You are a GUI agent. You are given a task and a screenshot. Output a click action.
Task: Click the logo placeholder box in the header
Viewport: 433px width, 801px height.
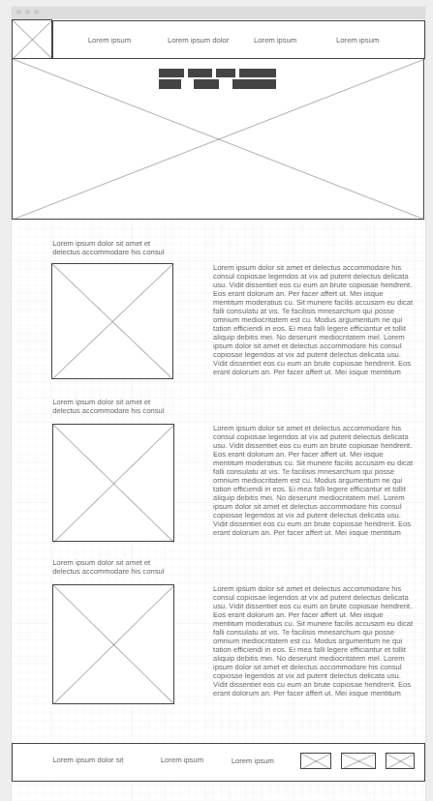pyautogui.click(x=32, y=40)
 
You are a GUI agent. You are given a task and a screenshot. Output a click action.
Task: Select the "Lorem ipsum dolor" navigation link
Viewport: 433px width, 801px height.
pyautogui.click(x=198, y=41)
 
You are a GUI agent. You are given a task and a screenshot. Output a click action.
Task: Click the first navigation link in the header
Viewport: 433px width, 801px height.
pyautogui.click(x=109, y=41)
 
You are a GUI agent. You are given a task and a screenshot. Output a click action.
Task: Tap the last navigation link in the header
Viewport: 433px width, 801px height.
pyautogui.click(x=357, y=41)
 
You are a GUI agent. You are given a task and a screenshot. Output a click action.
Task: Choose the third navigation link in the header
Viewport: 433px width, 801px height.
pyautogui.click(x=275, y=41)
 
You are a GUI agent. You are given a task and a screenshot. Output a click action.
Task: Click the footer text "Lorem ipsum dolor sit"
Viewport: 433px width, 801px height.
pyautogui.click(x=88, y=760)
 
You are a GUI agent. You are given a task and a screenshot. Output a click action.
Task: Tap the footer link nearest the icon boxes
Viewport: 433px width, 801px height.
pyautogui.click(x=252, y=761)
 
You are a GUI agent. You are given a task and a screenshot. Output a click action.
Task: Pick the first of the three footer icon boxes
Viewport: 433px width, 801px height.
pyautogui.click(x=316, y=761)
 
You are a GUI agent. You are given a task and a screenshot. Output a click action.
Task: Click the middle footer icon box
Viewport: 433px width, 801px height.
pyautogui.click(x=358, y=761)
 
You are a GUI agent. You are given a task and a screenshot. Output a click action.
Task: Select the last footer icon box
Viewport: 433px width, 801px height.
pyautogui.click(x=400, y=761)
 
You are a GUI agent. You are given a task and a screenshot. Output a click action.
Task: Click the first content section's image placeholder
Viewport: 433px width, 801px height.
pyautogui.click(x=112, y=321)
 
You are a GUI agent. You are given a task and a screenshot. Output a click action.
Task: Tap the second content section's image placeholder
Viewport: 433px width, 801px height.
pyautogui.click(x=113, y=483)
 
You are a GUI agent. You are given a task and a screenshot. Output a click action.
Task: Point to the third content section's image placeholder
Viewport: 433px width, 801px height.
pyautogui.click(x=113, y=644)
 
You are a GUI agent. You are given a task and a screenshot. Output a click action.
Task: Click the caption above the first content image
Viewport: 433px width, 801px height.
pyautogui.click(x=108, y=248)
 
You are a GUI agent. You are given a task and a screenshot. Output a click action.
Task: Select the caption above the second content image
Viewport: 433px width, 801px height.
pyautogui.click(x=108, y=406)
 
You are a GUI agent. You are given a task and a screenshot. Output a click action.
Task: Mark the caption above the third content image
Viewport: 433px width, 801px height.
pyautogui.click(x=108, y=567)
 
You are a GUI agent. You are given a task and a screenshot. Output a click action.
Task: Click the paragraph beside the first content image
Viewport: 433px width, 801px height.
pyautogui.click(x=312, y=320)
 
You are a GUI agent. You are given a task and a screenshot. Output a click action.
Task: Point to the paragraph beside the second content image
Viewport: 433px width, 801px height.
pyautogui.click(x=312, y=481)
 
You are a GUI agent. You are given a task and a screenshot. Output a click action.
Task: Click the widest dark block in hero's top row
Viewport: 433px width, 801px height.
pyautogui.click(x=258, y=74)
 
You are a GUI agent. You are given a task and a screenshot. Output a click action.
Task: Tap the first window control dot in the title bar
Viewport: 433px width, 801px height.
pyautogui.click(x=18, y=13)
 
